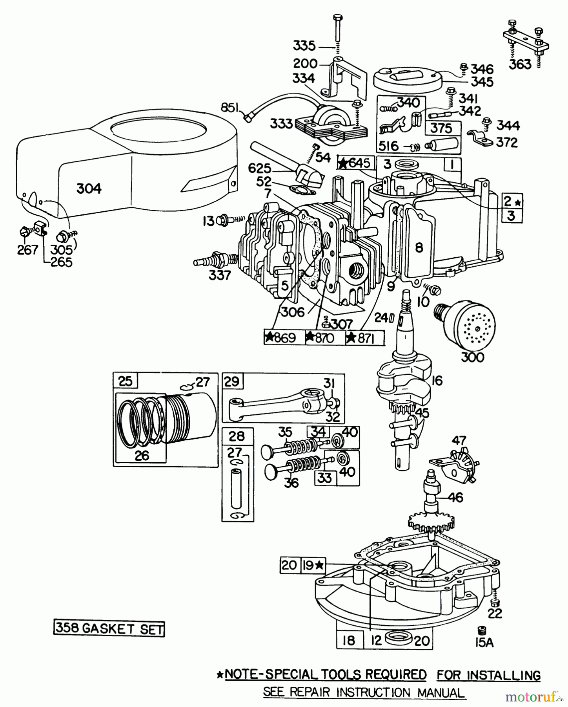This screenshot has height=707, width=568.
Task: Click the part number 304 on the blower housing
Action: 89,189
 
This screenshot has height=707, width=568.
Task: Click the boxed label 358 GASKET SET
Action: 109,629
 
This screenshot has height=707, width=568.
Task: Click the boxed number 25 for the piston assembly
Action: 125,381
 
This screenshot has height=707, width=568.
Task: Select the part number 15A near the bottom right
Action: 484,643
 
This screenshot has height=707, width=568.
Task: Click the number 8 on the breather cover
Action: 419,248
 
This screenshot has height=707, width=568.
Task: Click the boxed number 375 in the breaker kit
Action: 441,128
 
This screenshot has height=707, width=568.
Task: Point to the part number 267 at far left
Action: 27,250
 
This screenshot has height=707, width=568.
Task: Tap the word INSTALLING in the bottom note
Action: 488,675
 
